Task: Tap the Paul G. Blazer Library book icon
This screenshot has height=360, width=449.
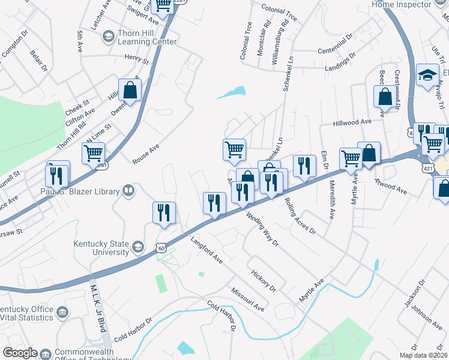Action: coord(128,191)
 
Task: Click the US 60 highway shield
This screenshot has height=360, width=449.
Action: coord(161,247)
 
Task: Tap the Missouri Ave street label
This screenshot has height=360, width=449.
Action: coord(248,299)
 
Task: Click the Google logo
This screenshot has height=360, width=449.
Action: coord(20,352)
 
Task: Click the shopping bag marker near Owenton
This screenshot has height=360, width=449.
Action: coord(130,91)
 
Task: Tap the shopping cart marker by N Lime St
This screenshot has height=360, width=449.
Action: coord(93,154)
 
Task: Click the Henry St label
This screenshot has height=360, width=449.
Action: coord(136,58)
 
